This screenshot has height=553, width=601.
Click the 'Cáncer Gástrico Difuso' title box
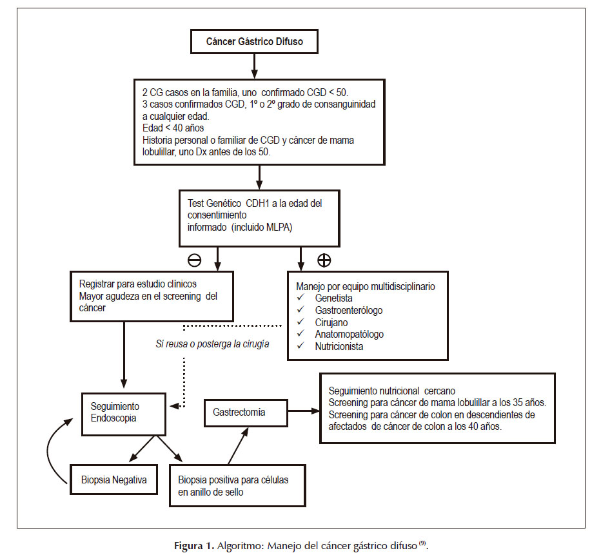(x=254, y=41)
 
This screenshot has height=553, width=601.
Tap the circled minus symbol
(x=194, y=260)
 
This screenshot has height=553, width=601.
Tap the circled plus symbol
(x=324, y=260)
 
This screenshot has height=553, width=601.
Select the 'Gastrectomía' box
(x=246, y=413)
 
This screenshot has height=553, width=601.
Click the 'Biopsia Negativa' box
(x=114, y=480)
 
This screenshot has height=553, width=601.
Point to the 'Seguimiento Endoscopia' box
(x=123, y=414)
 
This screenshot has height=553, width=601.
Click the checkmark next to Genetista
(x=300, y=297)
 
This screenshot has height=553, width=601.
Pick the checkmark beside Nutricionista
(x=300, y=345)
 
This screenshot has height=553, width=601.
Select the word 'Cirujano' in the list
(x=331, y=322)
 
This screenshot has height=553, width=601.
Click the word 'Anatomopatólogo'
(x=349, y=335)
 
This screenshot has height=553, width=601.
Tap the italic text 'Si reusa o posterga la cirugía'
(x=212, y=344)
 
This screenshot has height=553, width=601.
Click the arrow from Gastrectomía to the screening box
(x=304, y=411)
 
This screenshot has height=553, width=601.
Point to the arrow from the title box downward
(x=254, y=66)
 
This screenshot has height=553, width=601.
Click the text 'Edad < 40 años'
(x=173, y=128)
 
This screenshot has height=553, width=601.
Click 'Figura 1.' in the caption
(x=193, y=545)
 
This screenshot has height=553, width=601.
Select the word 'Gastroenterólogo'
(x=349, y=310)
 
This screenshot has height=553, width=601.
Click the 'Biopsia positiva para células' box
(x=238, y=485)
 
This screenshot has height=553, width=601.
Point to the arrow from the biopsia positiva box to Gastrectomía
(x=238, y=446)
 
